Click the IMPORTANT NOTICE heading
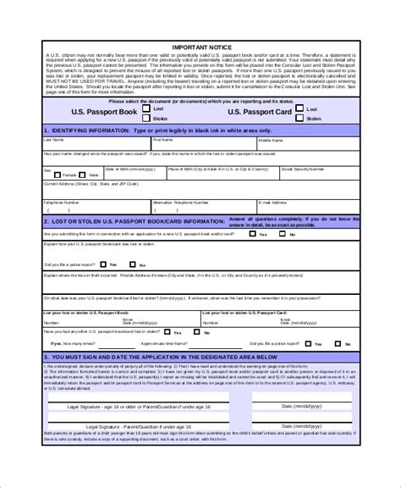coord(201,47)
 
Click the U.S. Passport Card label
coord(260,112)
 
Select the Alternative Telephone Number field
coord(203,208)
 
